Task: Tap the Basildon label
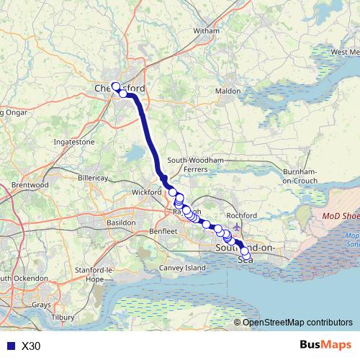click(x=120, y=223)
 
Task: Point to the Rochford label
click(x=241, y=215)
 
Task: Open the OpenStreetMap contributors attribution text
click(x=297, y=323)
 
